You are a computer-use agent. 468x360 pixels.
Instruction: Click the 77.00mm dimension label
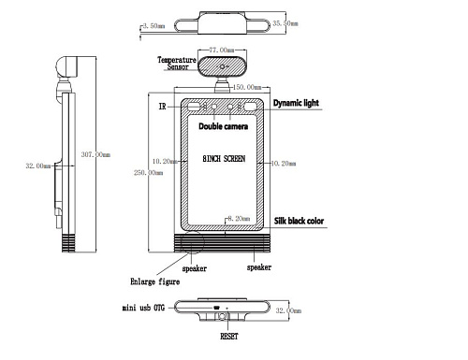222,50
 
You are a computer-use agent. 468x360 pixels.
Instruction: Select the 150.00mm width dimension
247,87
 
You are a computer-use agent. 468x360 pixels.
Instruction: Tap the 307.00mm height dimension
95,154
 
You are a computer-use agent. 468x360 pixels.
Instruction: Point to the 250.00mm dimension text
148,172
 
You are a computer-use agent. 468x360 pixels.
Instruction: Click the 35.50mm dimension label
285,23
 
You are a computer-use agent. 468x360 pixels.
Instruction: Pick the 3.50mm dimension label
154,26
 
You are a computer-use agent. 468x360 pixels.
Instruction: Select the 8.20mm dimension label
239,219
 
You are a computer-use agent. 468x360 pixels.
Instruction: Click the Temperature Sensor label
177,64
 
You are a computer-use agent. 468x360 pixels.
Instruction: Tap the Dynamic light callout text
296,103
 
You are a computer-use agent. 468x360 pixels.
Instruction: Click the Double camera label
224,126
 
